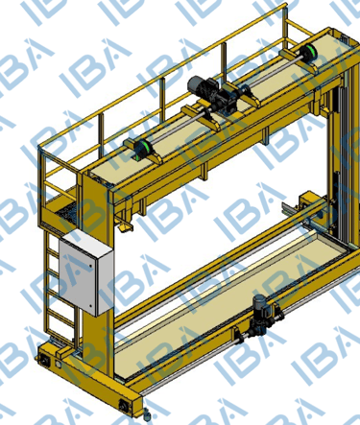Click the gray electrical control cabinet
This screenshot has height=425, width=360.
click(86, 272)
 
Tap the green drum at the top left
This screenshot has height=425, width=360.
click(143, 149)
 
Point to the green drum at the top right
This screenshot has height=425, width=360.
click(308, 52)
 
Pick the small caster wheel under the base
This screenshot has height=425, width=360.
click(147, 414)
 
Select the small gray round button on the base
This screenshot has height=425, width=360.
click(58, 364)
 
